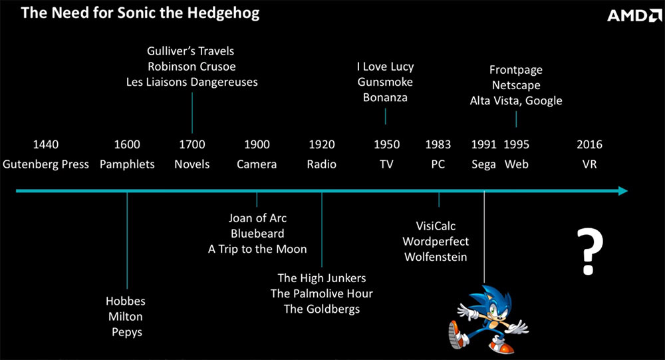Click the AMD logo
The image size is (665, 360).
tap(634, 16)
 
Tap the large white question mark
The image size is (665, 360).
tap(589, 252)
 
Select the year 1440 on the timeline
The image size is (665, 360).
tap(46, 144)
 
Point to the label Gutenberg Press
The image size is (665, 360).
tap(46, 164)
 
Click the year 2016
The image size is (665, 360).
tap(589, 144)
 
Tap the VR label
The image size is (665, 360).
tap(589, 164)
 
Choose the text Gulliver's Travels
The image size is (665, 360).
tap(190, 51)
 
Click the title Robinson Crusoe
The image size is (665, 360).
tap(192, 67)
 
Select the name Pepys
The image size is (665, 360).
tap(127, 333)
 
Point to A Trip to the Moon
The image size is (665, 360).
tap(257, 249)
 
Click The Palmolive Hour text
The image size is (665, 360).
tap(322, 293)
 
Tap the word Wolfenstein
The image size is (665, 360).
tap(436, 257)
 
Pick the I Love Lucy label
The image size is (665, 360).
tap(385, 67)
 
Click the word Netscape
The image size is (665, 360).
tap(516, 85)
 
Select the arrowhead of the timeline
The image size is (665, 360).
tap(623, 191)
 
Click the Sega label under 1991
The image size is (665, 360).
tap(483, 164)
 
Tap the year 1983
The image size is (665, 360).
tap(438, 144)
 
